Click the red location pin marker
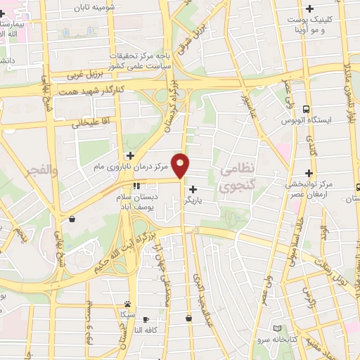coord(181,165)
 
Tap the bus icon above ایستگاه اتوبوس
coord(306,109)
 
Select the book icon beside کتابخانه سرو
coord(276,328)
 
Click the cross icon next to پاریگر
coord(193,188)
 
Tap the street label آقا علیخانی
coord(90,124)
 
